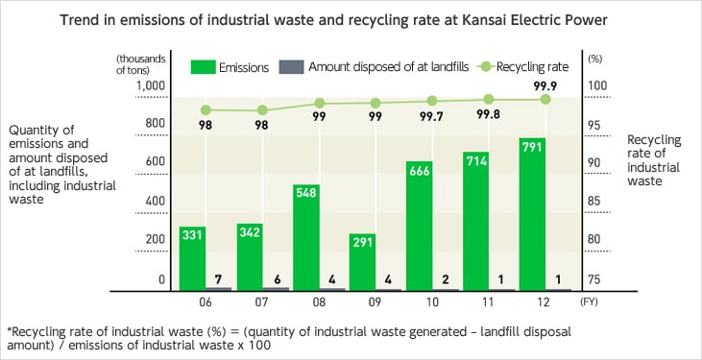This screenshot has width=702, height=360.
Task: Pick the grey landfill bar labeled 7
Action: (x=219, y=287)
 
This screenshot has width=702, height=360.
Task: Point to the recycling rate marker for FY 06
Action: (x=206, y=109)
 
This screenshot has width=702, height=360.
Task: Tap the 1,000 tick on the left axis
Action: (x=149, y=85)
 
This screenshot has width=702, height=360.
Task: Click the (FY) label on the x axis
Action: (x=592, y=301)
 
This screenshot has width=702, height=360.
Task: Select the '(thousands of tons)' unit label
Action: (x=140, y=63)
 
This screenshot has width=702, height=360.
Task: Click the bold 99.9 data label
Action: (x=545, y=84)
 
